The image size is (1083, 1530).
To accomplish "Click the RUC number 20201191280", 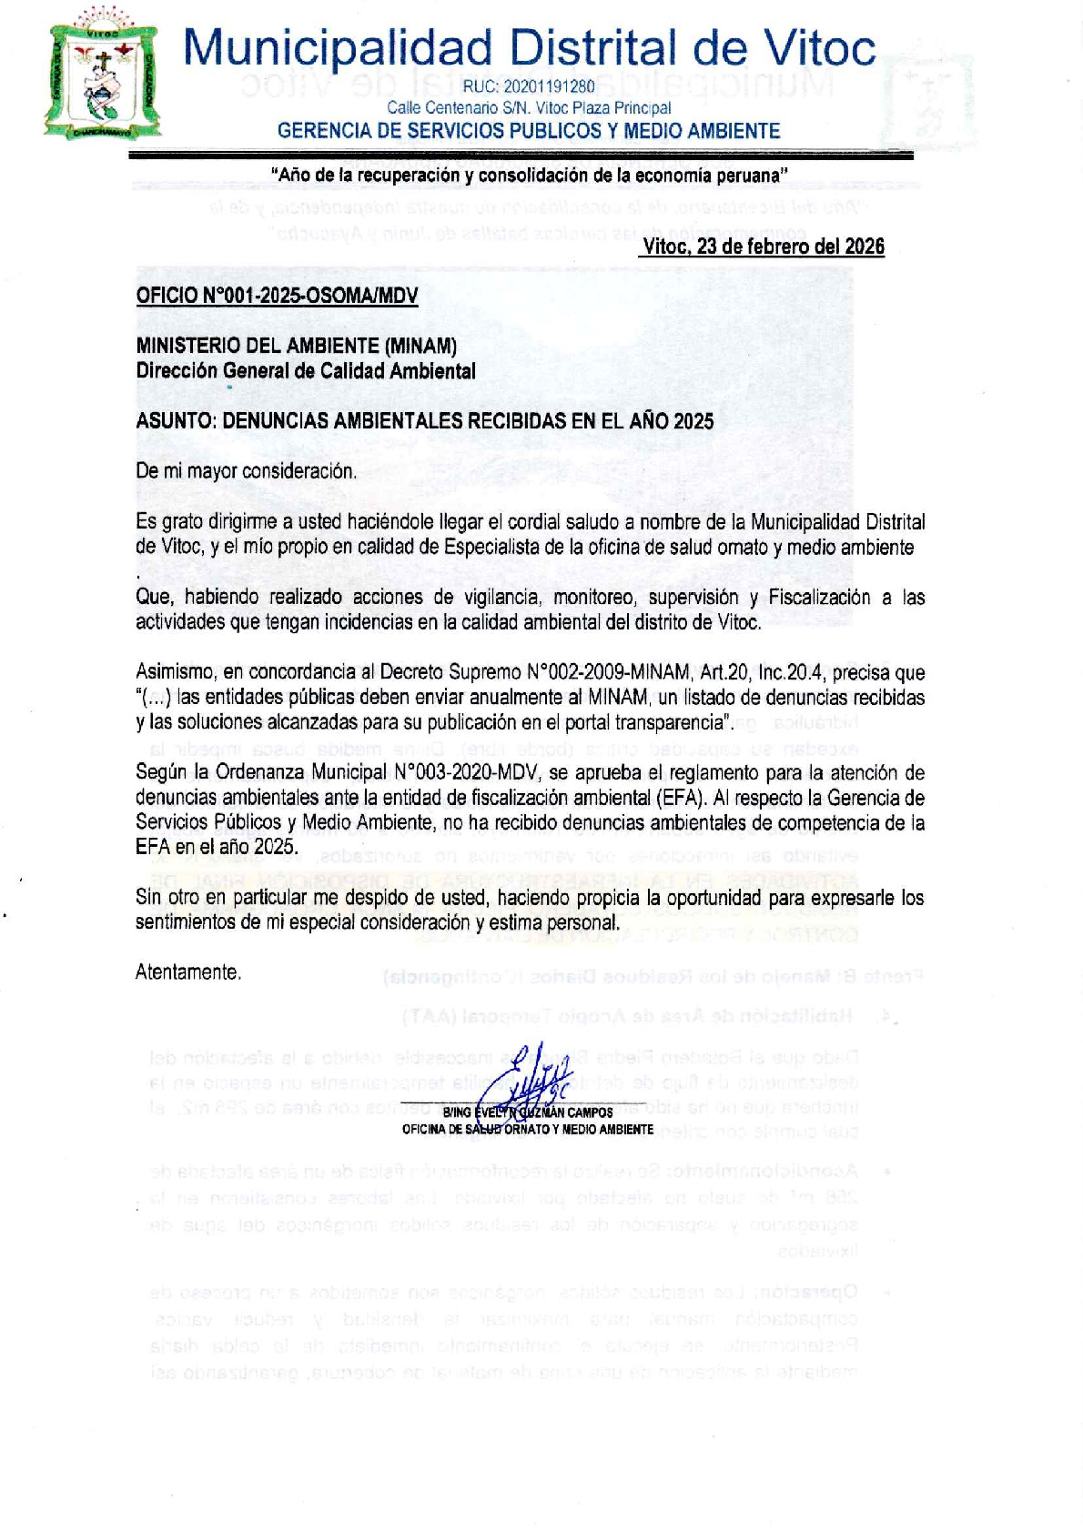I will click(529, 87).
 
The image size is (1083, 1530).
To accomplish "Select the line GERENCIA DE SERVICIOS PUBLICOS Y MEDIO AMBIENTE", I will click(529, 131).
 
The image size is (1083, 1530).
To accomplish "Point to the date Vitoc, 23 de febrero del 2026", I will click(763, 247).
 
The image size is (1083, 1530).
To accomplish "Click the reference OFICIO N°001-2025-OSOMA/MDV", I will click(277, 296).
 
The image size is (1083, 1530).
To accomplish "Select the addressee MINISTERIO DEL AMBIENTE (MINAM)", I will click(296, 346).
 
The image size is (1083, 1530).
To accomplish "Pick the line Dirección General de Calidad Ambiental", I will click(306, 371).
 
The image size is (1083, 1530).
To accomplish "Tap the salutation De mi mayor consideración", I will click(246, 471).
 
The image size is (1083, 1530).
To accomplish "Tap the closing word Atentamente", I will click(188, 972).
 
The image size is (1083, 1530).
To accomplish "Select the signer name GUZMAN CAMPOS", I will click(568, 1112).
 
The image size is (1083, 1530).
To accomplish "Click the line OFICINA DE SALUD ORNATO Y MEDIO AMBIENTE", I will click(528, 1130).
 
